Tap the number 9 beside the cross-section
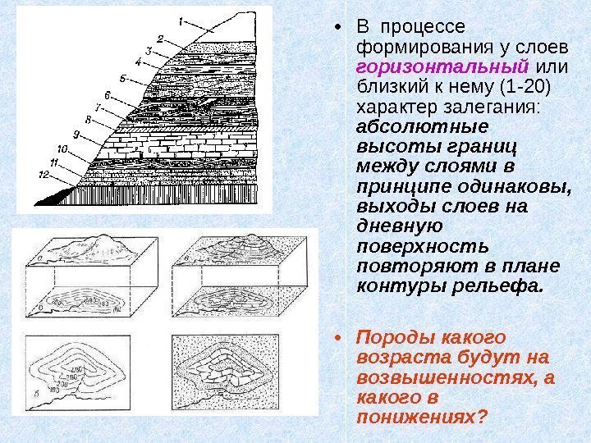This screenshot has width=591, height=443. pos(76,134)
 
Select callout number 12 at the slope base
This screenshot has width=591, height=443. pos(44,175)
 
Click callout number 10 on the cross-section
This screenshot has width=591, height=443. pos(62,148)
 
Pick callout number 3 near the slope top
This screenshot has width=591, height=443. pos(149,50)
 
